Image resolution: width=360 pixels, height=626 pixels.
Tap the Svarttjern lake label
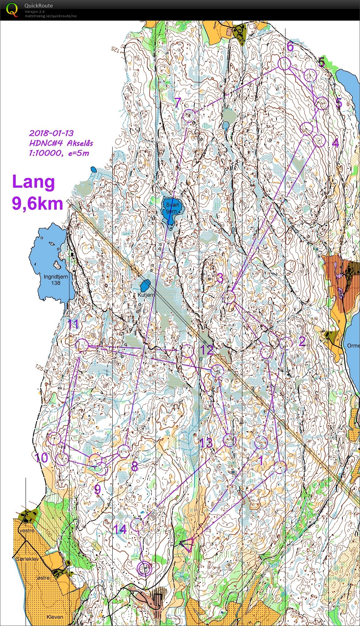point(172,208)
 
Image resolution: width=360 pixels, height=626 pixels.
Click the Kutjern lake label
point(146,295)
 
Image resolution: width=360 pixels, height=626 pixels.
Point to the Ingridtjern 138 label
point(56,280)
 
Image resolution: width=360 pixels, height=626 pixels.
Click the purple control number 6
point(290,46)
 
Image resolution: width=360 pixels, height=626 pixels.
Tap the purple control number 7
point(177,102)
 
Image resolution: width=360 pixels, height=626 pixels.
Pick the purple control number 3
point(220,278)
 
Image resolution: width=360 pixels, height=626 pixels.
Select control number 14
point(120,529)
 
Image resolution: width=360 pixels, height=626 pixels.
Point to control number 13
point(206,443)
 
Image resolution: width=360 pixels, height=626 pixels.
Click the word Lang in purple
point(33,182)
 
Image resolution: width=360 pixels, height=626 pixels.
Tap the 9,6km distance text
point(37,204)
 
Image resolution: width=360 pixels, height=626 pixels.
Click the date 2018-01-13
point(51,133)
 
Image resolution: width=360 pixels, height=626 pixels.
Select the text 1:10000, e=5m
point(59,153)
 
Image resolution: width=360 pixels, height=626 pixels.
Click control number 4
point(335,143)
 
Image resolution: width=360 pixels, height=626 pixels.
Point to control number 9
point(98,489)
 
